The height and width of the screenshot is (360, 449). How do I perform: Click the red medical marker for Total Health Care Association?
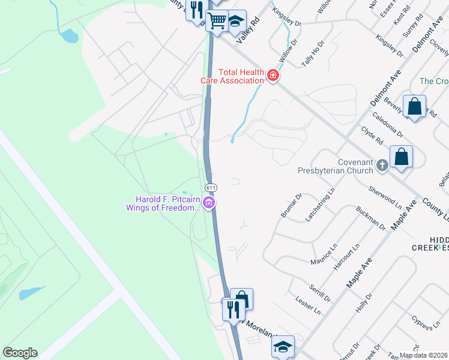point(273,76)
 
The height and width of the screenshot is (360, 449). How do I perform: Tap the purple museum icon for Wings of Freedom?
point(209,204)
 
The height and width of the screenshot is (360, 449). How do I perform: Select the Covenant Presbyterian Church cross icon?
point(382,164)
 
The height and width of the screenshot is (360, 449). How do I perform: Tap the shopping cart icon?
point(217,21)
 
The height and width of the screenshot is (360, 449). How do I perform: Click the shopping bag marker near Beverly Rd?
point(414,107)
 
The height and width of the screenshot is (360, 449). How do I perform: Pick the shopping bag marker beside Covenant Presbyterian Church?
point(401,158)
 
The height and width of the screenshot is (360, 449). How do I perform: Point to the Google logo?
point(20,353)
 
